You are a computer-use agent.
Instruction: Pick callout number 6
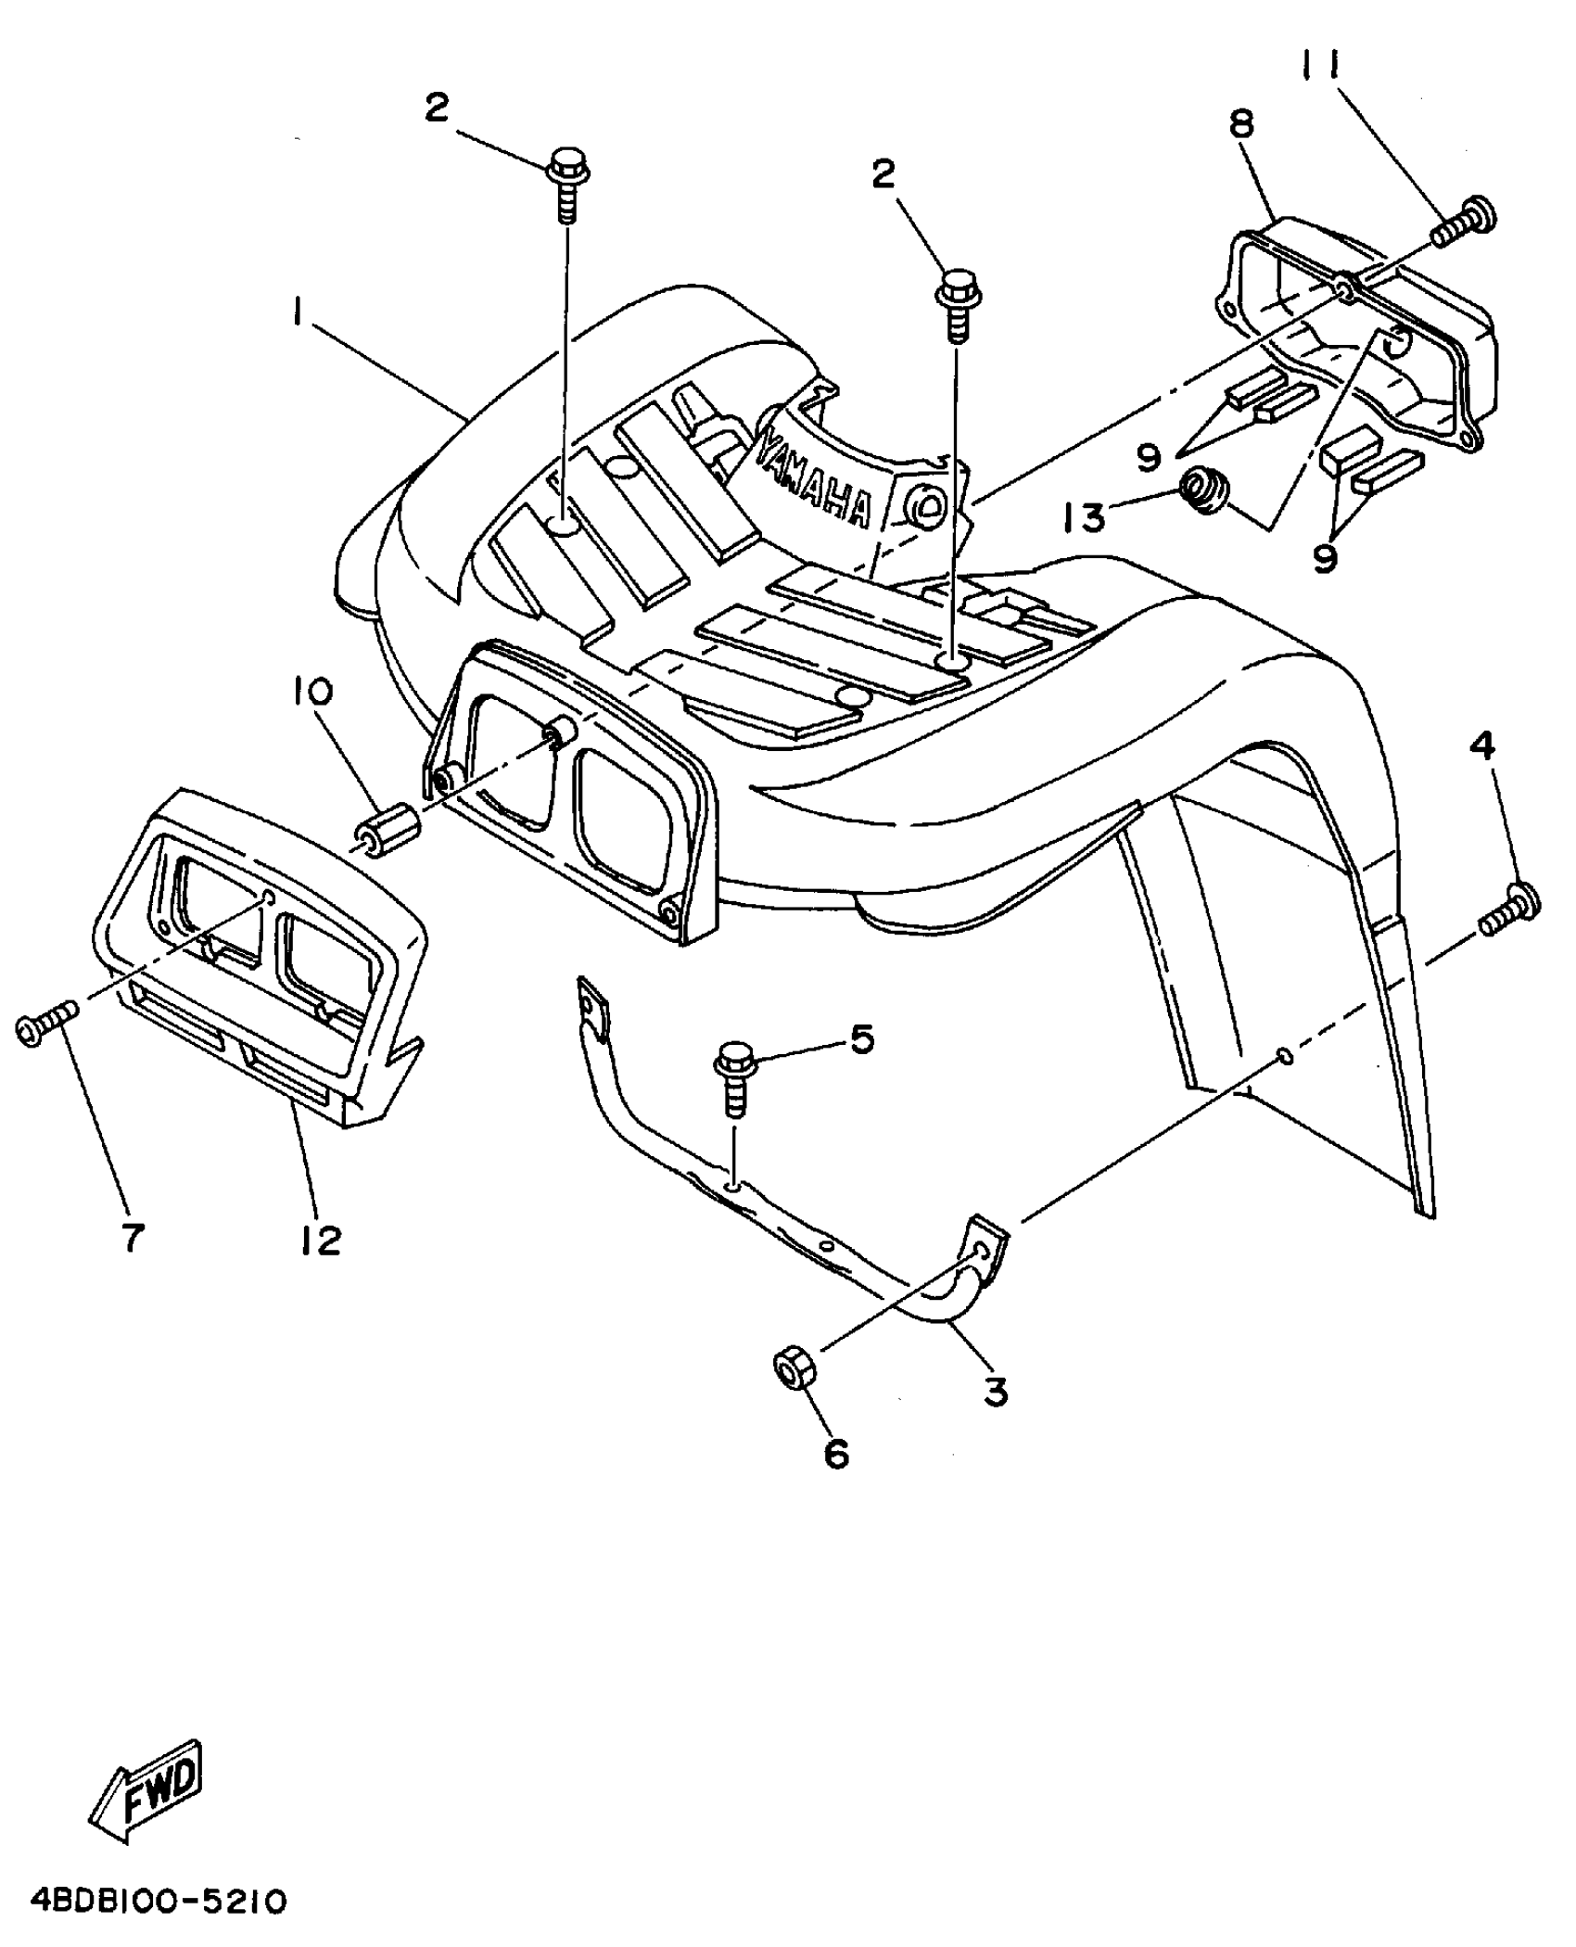click(x=835, y=1453)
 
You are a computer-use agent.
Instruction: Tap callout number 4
click(x=1484, y=744)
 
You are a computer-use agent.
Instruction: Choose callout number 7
click(x=133, y=1236)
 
